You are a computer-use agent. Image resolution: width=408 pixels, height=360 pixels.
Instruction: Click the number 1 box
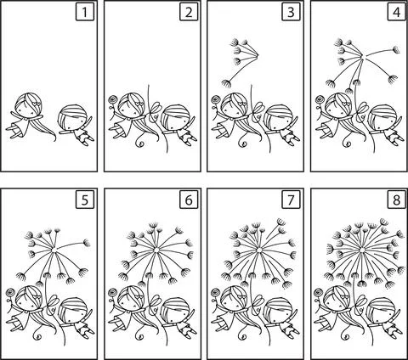coord(83,13)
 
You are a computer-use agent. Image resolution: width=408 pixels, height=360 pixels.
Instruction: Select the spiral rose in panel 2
coord(114,104)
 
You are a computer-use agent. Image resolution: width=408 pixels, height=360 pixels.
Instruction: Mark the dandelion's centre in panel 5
coord(57,252)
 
